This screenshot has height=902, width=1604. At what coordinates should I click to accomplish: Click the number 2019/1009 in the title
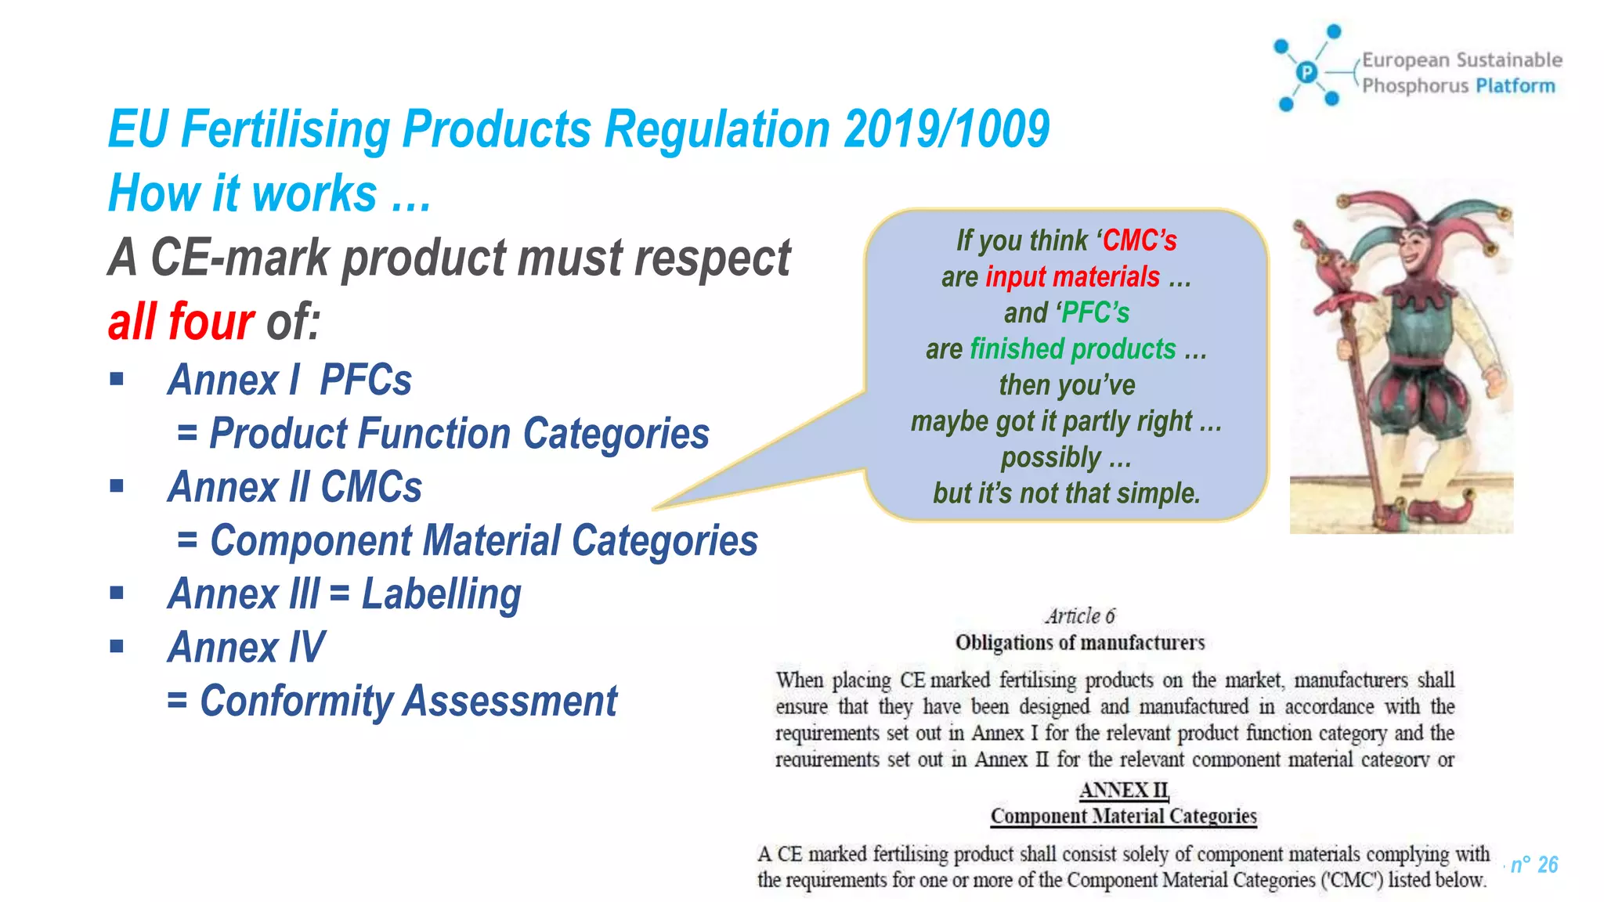point(946,129)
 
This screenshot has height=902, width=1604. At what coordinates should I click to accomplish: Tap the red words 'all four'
point(181,322)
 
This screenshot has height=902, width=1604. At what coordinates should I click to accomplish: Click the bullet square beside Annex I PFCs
point(117,380)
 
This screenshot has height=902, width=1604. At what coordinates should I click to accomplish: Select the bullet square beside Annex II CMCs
point(117,486)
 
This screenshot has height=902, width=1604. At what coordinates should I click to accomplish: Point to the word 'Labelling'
point(441,594)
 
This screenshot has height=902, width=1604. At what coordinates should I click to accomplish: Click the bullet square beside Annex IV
point(117,647)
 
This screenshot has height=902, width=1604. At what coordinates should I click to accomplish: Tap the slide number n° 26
point(1534,864)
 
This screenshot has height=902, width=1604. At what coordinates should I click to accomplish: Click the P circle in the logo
point(1306,72)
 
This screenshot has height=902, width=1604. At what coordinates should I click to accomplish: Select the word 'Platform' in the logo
point(1515,85)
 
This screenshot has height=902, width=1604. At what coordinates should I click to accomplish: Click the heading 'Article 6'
point(1079,616)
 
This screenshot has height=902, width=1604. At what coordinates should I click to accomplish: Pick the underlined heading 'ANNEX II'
point(1123,790)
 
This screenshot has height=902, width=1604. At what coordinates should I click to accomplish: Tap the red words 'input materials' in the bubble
point(1072,277)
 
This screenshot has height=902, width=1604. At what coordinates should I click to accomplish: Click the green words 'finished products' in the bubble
point(1072,349)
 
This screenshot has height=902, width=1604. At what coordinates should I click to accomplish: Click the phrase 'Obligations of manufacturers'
point(1079,643)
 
